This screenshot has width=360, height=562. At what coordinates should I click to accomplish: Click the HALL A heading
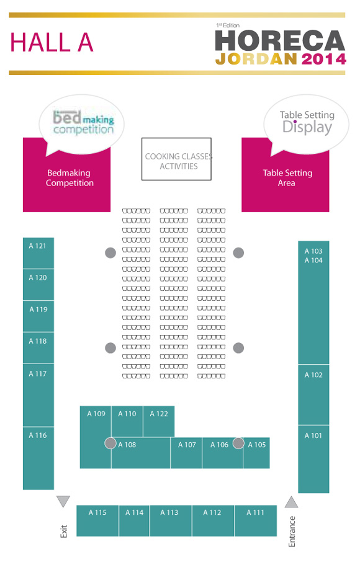click(x=52, y=43)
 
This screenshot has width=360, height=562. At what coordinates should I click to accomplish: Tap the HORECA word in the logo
click(x=280, y=40)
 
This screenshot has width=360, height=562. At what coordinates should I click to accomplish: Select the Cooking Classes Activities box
click(x=176, y=159)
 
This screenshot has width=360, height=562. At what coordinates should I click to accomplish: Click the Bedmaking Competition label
click(x=70, y=178)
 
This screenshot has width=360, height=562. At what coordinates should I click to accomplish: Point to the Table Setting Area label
click(x=287, y=178)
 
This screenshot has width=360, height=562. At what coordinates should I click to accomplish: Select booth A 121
click(x=38, y=253)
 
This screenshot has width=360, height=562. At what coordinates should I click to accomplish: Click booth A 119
click(x=38, y=316)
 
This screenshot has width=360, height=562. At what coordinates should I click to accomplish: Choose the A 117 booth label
click(x=38, y=374)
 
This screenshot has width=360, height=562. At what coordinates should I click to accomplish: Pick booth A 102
click(x=313, y=395)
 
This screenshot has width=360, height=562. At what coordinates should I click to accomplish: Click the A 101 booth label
click(x=313, y=435)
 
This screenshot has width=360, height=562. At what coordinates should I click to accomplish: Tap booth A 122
click(x=159, y=422)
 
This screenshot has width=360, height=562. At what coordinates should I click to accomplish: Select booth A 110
click(x=127, y=422)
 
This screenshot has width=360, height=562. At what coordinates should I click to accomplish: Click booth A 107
click(x=186, y=453)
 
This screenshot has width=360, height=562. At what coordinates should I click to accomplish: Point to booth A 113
click(x=171, y=521)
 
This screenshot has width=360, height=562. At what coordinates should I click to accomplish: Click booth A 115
click(x=97, y=521)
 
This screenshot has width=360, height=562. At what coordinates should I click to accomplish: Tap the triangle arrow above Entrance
click(x=292, y=502)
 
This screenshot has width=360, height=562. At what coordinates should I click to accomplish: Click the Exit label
click(x=63, y=531)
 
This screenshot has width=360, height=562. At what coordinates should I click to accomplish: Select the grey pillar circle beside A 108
click(x=110, y=443)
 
